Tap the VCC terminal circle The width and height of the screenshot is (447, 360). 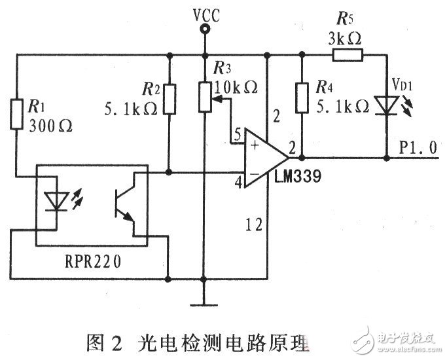pyautogui.click(x=205, y=29)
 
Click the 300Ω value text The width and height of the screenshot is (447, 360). pyautogui.click(x=45, y=127)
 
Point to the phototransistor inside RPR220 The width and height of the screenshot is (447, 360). pyautogui.click(x=124, y=204)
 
